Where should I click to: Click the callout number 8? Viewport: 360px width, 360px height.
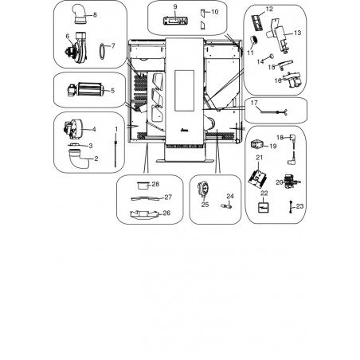click(x=95, y=15)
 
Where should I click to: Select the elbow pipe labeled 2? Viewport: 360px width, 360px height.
click(x=79, y=158)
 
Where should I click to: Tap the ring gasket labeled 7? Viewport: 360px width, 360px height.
click(x=102, y=51)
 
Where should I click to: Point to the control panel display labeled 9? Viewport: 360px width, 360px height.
click(x=175, y=21)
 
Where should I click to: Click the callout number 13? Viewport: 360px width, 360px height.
click(x=298, y=33)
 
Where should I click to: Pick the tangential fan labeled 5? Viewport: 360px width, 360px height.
click(x=85, y=89)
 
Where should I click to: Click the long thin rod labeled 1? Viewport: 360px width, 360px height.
click(x=115, y=150)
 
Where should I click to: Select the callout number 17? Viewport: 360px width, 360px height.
click(x=254, y=103)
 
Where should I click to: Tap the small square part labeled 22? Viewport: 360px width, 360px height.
click(x=264, y=207)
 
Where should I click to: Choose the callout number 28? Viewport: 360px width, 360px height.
click(x=155, y=184)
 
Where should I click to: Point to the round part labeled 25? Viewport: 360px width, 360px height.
click(x=203, y=188)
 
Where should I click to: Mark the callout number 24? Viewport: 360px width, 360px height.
click(x=230, y=196)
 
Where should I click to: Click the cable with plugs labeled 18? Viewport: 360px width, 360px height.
click(x=292, y=150)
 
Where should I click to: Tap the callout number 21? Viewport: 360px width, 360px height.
click(x=259, y=158)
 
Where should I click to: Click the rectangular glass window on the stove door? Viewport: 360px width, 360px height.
click(x=184, y=91)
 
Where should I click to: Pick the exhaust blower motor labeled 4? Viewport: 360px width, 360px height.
click(x=72, y=129)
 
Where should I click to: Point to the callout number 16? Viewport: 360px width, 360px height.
click(x=278, y=80)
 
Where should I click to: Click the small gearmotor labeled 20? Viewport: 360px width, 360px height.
click(x=292, y=182)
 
